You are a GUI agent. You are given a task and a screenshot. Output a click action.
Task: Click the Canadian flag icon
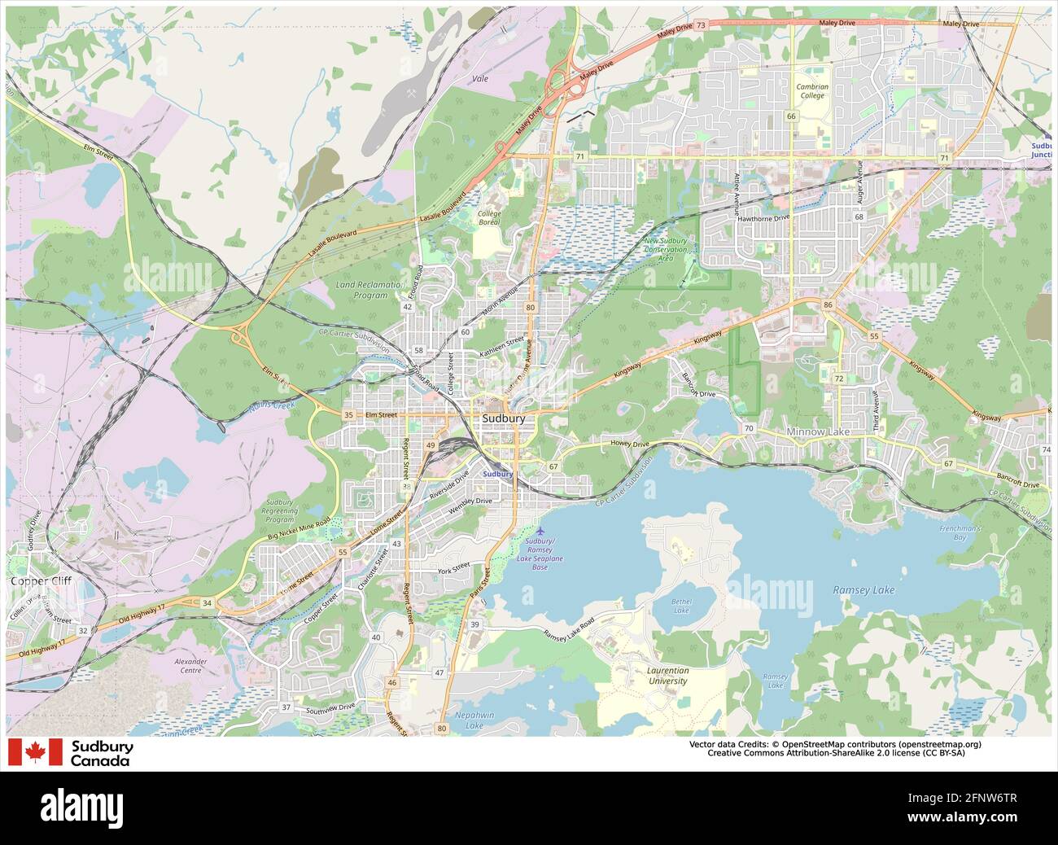coord(35,752)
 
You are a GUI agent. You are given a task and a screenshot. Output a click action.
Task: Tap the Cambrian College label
coord(811,91)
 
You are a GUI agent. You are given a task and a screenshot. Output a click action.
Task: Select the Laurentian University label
coord(667,676)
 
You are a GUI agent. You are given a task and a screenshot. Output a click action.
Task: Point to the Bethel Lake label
coord(681,605)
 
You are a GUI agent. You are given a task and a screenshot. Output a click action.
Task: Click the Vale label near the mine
coord(480,79)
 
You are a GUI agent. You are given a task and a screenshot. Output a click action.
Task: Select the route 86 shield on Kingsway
coord(828,304)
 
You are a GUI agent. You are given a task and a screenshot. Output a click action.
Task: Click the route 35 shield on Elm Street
coord(349,415)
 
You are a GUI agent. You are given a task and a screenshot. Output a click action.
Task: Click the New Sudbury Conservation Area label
coord(666,249)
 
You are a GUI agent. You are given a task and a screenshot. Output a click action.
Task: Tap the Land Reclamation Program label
coord(369,289)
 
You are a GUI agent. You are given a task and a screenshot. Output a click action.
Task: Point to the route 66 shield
coord(791,116)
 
